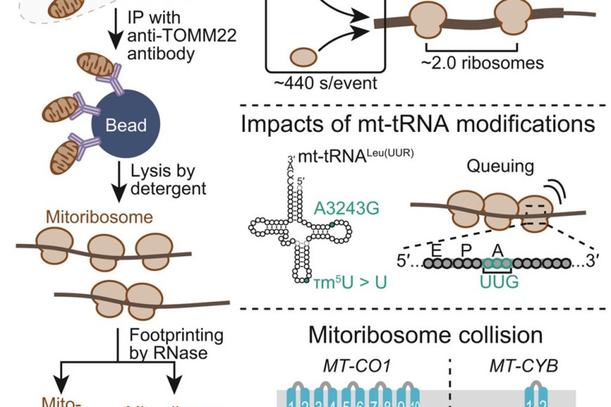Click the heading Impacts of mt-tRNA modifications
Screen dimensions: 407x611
417,125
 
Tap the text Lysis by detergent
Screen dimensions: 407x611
166,179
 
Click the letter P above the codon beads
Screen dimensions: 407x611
462,248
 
